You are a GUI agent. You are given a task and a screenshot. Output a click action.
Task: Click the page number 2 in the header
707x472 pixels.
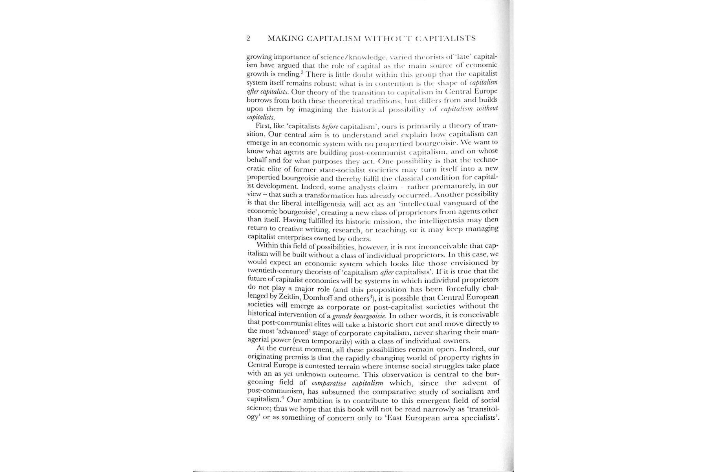point(248,38)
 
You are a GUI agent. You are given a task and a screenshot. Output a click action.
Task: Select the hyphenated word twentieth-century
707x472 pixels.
point(275,271)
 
